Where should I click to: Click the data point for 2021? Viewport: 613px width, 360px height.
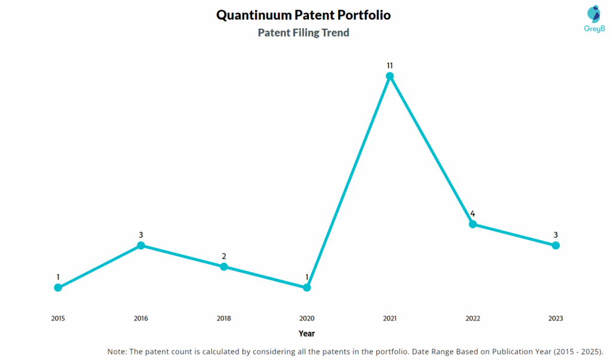point(390,76)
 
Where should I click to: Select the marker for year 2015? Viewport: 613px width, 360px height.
point(58,288)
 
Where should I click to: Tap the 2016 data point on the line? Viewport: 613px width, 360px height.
point(141,246)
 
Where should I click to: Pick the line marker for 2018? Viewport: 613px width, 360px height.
point(224,267)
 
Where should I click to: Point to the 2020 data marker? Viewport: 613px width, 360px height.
point(306,288)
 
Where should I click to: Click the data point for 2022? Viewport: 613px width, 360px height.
point(472,224)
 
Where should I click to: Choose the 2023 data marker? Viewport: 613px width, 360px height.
point(556,246)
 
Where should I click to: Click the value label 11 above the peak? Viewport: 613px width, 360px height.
point(390,65)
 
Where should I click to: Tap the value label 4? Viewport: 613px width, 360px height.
point(472,213)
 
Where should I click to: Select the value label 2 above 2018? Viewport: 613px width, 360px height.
point(224,256)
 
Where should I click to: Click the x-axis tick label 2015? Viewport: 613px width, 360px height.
point(58,319)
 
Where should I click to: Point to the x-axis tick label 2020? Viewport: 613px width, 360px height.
point(306,319)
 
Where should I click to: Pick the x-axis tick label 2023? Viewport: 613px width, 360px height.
point(556,319)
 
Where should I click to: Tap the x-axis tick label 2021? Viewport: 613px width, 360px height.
point(390,319)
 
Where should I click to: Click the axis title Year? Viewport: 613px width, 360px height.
point(306,334)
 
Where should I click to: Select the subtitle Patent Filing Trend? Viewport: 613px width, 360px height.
point(304,33)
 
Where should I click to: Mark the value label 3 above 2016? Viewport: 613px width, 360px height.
point(141,235)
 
